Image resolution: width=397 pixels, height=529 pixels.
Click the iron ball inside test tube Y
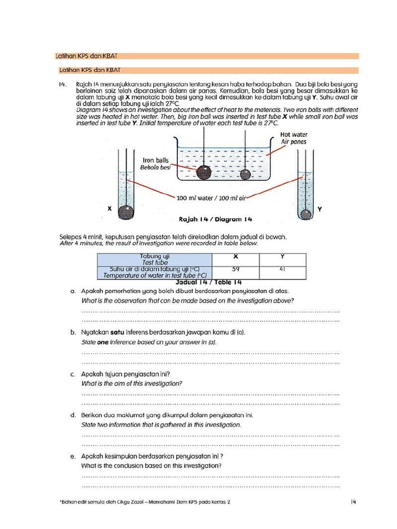[x=306, y=214]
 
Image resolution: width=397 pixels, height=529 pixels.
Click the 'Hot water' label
[x=294, y=134]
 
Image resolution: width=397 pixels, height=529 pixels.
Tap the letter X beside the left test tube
[x=109, y=209]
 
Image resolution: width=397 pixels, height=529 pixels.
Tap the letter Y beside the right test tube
[x=320, y=209]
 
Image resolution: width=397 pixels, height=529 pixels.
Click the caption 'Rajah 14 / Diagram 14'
[x=215, y=219]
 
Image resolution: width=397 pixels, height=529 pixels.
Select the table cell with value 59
[x=236, y=269]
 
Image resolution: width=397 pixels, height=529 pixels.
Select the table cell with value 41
[x=283, y=269]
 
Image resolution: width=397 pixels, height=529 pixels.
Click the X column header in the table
[x=236, y=257]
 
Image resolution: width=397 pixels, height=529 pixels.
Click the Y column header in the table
[x=283, y=257]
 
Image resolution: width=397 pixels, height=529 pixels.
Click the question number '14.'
[x=63, y=84]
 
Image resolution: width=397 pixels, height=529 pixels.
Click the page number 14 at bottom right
[x=354, y=502]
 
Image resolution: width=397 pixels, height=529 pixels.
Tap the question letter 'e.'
[x=73, y=456]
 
